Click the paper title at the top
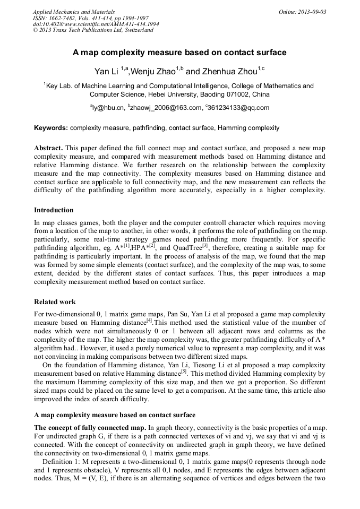click(179, 53)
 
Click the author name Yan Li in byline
click(106, 71)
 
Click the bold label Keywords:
click(51, 128)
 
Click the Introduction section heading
click(54, 210)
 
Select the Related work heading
click(55, 302)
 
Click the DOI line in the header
click(96, 24)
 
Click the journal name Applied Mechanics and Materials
click(74, 12)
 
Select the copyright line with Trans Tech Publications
click(93, 30)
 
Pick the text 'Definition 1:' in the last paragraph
click(63, 462)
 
